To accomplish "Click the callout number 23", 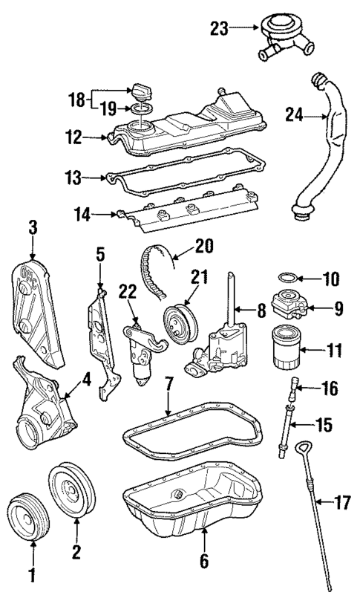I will tap(219, 28).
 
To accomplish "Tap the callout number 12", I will tap(93, 137).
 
